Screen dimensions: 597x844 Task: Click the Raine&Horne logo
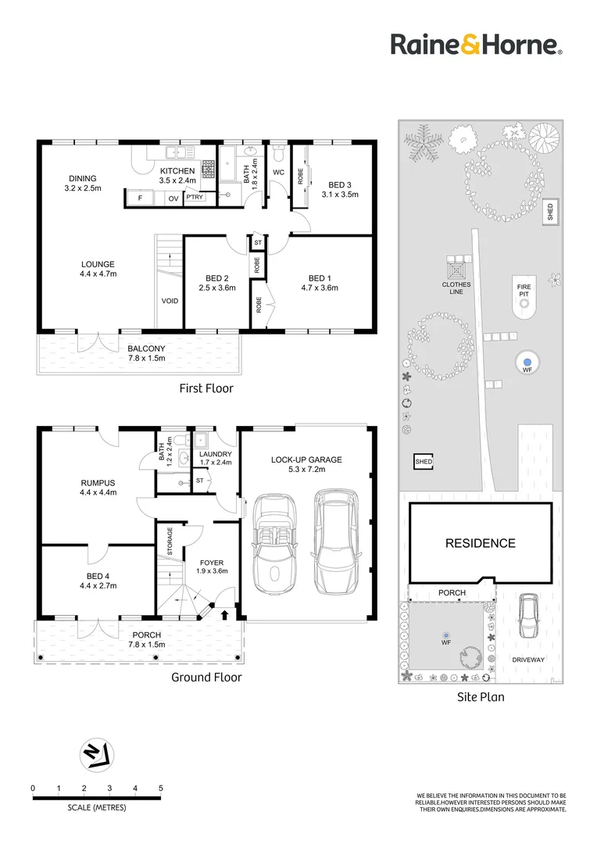point(477,45)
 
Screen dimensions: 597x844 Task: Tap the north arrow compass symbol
point(97,755)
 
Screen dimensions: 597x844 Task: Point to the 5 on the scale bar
point(160,788)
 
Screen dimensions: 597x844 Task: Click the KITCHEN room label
point(177,170)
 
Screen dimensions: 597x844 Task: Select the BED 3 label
point(340,184)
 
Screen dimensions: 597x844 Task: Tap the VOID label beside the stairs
point(170,301)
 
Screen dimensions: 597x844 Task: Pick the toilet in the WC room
point(278,153)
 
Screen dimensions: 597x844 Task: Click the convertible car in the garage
point(275,544)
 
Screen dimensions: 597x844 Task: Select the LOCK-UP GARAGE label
point(306,460)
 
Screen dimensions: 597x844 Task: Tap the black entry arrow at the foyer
point(224,614)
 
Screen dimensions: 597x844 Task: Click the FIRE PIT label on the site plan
point(524,291)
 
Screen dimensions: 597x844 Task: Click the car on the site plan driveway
point(529,616)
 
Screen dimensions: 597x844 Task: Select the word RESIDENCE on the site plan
point(481,543)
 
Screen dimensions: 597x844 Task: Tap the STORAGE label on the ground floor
point(170,541)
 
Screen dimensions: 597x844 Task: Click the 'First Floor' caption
point(206,388)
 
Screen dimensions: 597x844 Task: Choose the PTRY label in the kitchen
point(195,197)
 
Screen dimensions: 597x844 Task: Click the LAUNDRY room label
point(216,454)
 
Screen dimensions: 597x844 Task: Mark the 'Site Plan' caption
point(481,697)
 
